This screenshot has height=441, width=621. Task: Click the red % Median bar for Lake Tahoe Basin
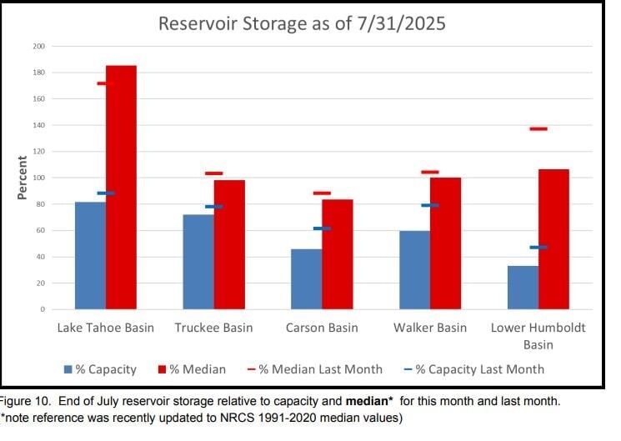tap(121, 188)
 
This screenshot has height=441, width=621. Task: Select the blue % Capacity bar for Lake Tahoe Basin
tap(90, 255)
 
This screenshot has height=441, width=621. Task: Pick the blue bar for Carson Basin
tap(306, 279)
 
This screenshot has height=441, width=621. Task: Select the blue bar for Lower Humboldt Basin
tap(523, 288)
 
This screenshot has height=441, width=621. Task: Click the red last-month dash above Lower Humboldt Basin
tap(538, 128)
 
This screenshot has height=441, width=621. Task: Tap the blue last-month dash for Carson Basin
tap(322, 228)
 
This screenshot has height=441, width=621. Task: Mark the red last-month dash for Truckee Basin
tap(214, 173)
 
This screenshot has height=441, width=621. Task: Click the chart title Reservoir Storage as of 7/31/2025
tap(302, 23)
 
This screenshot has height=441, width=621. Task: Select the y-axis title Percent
tap(23, 177)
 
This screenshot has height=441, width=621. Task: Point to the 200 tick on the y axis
tap(38, 46)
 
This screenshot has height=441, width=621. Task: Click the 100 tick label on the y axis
tap(38, 178)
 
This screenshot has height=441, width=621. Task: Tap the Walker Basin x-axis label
tap(429, 328)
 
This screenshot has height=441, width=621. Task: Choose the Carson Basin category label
tap(322, 328)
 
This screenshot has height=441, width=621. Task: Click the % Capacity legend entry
tap(100, 369)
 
